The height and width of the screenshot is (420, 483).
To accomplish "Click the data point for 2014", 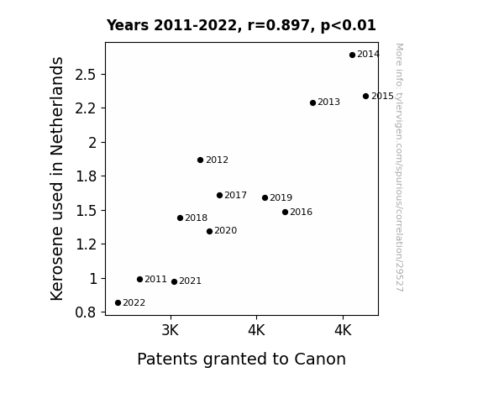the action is pos(353,55).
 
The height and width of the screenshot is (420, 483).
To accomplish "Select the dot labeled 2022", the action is pos(118,303).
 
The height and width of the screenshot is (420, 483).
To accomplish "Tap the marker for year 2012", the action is pos(200,160).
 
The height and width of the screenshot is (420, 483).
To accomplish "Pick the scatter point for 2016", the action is pos(285,212).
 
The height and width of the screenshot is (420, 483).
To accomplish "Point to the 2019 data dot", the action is pos(265,198).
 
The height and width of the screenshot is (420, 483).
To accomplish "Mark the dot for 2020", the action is pos(209,231).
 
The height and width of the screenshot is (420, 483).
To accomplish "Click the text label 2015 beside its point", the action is pos(382,96).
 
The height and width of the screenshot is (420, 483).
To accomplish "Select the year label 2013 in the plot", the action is pos(328,102).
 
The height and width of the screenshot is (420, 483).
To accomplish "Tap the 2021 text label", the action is pos(190,281).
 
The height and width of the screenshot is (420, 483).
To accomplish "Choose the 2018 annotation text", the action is pos(197,218).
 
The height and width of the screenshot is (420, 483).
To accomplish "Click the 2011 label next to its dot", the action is pos(155,279).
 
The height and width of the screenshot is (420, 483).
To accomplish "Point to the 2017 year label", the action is pos(236,196).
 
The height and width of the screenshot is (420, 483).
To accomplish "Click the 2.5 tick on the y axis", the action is pos(86,75).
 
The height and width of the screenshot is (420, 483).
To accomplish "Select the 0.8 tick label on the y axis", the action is pos(86,312).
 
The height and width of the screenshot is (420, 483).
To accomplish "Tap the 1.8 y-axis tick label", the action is pos(86,176).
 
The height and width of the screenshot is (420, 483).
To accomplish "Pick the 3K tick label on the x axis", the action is pos(171,330).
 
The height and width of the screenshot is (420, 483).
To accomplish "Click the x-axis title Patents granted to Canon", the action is pos(242,359).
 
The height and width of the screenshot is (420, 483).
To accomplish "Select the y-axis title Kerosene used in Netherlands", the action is pos(56,179).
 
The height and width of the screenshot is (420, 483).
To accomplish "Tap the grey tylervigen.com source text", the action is pos(399,167).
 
